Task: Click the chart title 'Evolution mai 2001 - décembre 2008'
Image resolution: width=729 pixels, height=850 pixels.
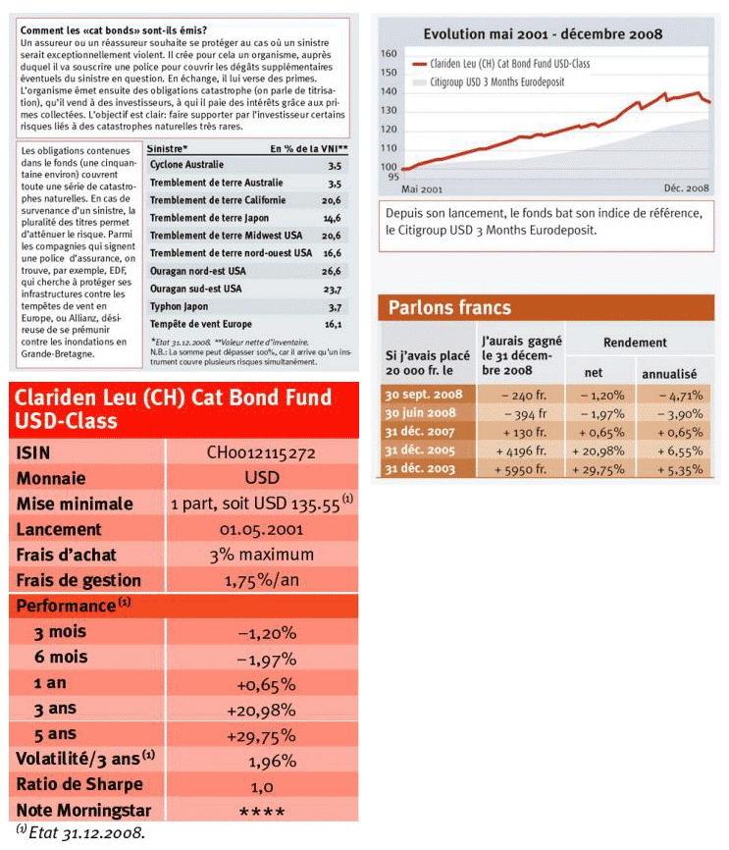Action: point(543,34)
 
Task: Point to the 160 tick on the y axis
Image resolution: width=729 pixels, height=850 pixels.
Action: point(389,54)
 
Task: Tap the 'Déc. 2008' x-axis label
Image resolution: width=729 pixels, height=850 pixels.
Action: point(686,188)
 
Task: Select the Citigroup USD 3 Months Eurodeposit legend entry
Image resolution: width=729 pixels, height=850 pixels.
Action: point(489,82)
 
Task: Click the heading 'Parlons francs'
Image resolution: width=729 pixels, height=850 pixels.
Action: point(449,308)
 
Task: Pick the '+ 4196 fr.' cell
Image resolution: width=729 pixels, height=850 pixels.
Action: point(521,452)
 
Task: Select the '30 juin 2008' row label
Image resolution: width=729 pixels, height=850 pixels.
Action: point(421,413)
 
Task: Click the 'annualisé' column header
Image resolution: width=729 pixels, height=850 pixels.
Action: point(669,374)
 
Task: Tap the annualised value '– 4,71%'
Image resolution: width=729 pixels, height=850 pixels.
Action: point(681,396)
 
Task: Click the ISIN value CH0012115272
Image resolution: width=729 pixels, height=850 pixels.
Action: point(261,452)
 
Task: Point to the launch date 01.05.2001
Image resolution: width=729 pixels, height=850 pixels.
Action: point(261,530)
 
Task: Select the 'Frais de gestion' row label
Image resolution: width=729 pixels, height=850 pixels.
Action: point(78,581)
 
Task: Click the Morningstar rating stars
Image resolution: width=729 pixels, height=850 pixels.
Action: point(262,812)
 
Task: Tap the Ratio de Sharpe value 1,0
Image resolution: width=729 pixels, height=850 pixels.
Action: point(262,787)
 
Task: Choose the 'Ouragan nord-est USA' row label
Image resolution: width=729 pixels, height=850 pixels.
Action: point(198,271)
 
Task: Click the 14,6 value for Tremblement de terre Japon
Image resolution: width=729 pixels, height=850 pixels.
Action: point(332,218)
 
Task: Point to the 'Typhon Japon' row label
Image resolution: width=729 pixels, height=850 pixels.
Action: point(179,307)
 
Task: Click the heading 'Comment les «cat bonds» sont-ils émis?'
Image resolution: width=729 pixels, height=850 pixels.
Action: point(114,30)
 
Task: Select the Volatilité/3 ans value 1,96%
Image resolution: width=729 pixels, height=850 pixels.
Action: point(272,762)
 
